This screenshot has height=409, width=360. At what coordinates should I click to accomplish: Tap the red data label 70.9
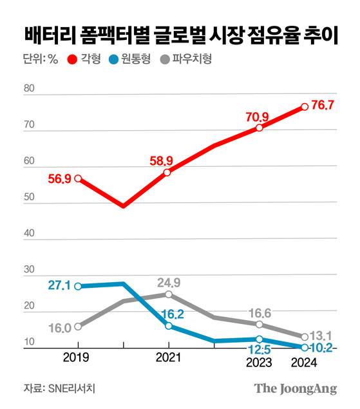257,117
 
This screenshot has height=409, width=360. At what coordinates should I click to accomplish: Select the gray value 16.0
59,327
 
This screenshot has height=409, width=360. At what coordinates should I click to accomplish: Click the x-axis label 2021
168,356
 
